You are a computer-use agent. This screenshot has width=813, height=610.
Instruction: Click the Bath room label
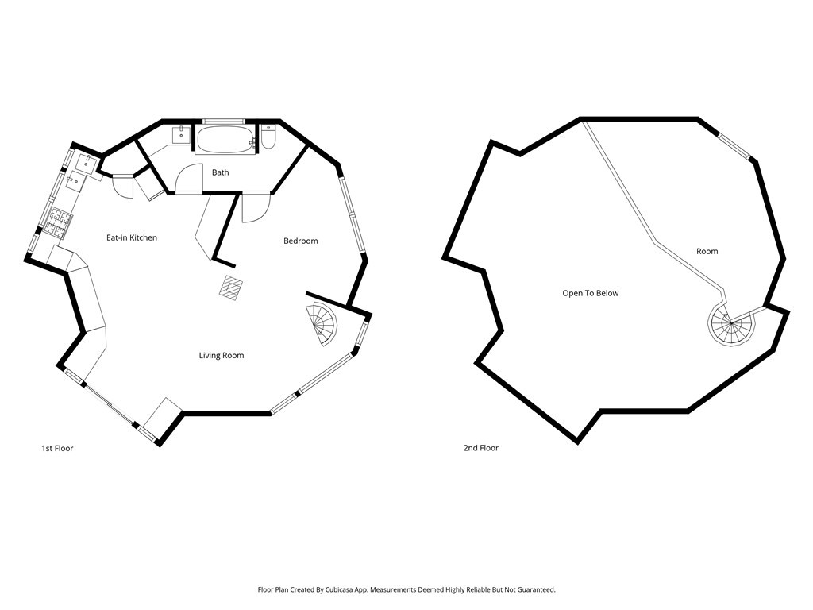(221, 172)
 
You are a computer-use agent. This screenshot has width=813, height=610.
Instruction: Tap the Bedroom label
(301, 241)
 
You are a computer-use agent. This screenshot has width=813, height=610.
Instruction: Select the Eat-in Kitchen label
(132, 237)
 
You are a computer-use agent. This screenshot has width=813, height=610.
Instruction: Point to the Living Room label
(222, 355)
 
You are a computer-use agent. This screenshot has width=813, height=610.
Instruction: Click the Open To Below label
(591, 293)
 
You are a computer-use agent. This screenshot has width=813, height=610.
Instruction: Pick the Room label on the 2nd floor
(707, 251)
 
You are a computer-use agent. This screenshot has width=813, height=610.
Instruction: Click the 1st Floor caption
(57, 448)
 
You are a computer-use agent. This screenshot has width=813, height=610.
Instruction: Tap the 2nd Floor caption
(481, 448)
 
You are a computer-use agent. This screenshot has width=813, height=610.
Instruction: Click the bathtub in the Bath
(226, 139)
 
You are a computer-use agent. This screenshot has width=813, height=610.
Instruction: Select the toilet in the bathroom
(268, 137)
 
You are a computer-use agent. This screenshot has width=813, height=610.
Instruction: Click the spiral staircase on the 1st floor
(322, 324)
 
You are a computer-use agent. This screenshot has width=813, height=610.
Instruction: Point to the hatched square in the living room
(231, 288)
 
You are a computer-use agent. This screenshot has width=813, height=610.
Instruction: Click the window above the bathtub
(224, 121)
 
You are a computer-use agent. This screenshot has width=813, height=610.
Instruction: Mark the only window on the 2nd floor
(734, 146)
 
